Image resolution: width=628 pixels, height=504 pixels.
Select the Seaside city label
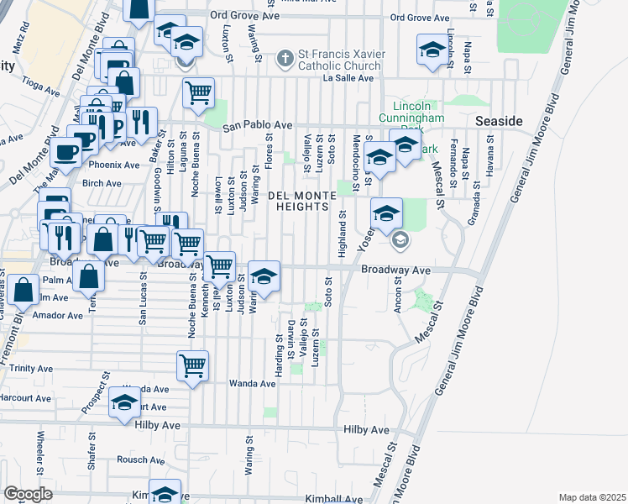click(499, 121)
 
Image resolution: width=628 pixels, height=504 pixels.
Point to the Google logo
click(28, 494)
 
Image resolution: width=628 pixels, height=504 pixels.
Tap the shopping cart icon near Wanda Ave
click(193, 366)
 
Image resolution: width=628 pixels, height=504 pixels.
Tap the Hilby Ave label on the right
click(367, 429)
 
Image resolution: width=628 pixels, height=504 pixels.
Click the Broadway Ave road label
click(395, 270)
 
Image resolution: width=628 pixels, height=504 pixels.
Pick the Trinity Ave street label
click(33, 368)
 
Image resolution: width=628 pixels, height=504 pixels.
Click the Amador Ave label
click(57, 315)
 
